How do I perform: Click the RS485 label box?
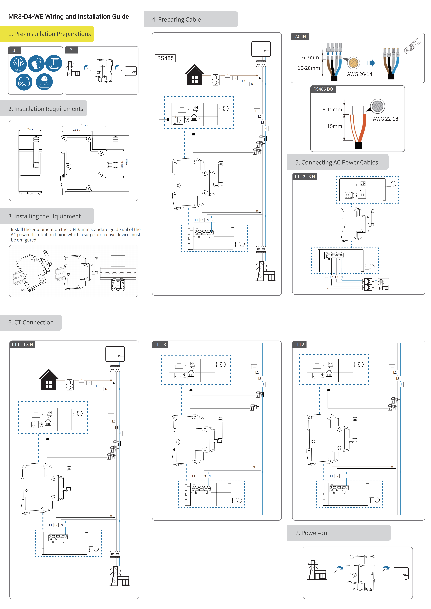pos(165,58)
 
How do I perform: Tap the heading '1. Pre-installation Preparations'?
pos(50,34)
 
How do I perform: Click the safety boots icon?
pos(54,63)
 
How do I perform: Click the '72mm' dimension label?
pos(84,125)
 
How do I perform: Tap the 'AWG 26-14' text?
pos(359,74)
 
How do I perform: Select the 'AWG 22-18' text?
pos(385,119)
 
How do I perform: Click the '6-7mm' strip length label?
pos(310,58)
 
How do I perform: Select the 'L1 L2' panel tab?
pos(299,344)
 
